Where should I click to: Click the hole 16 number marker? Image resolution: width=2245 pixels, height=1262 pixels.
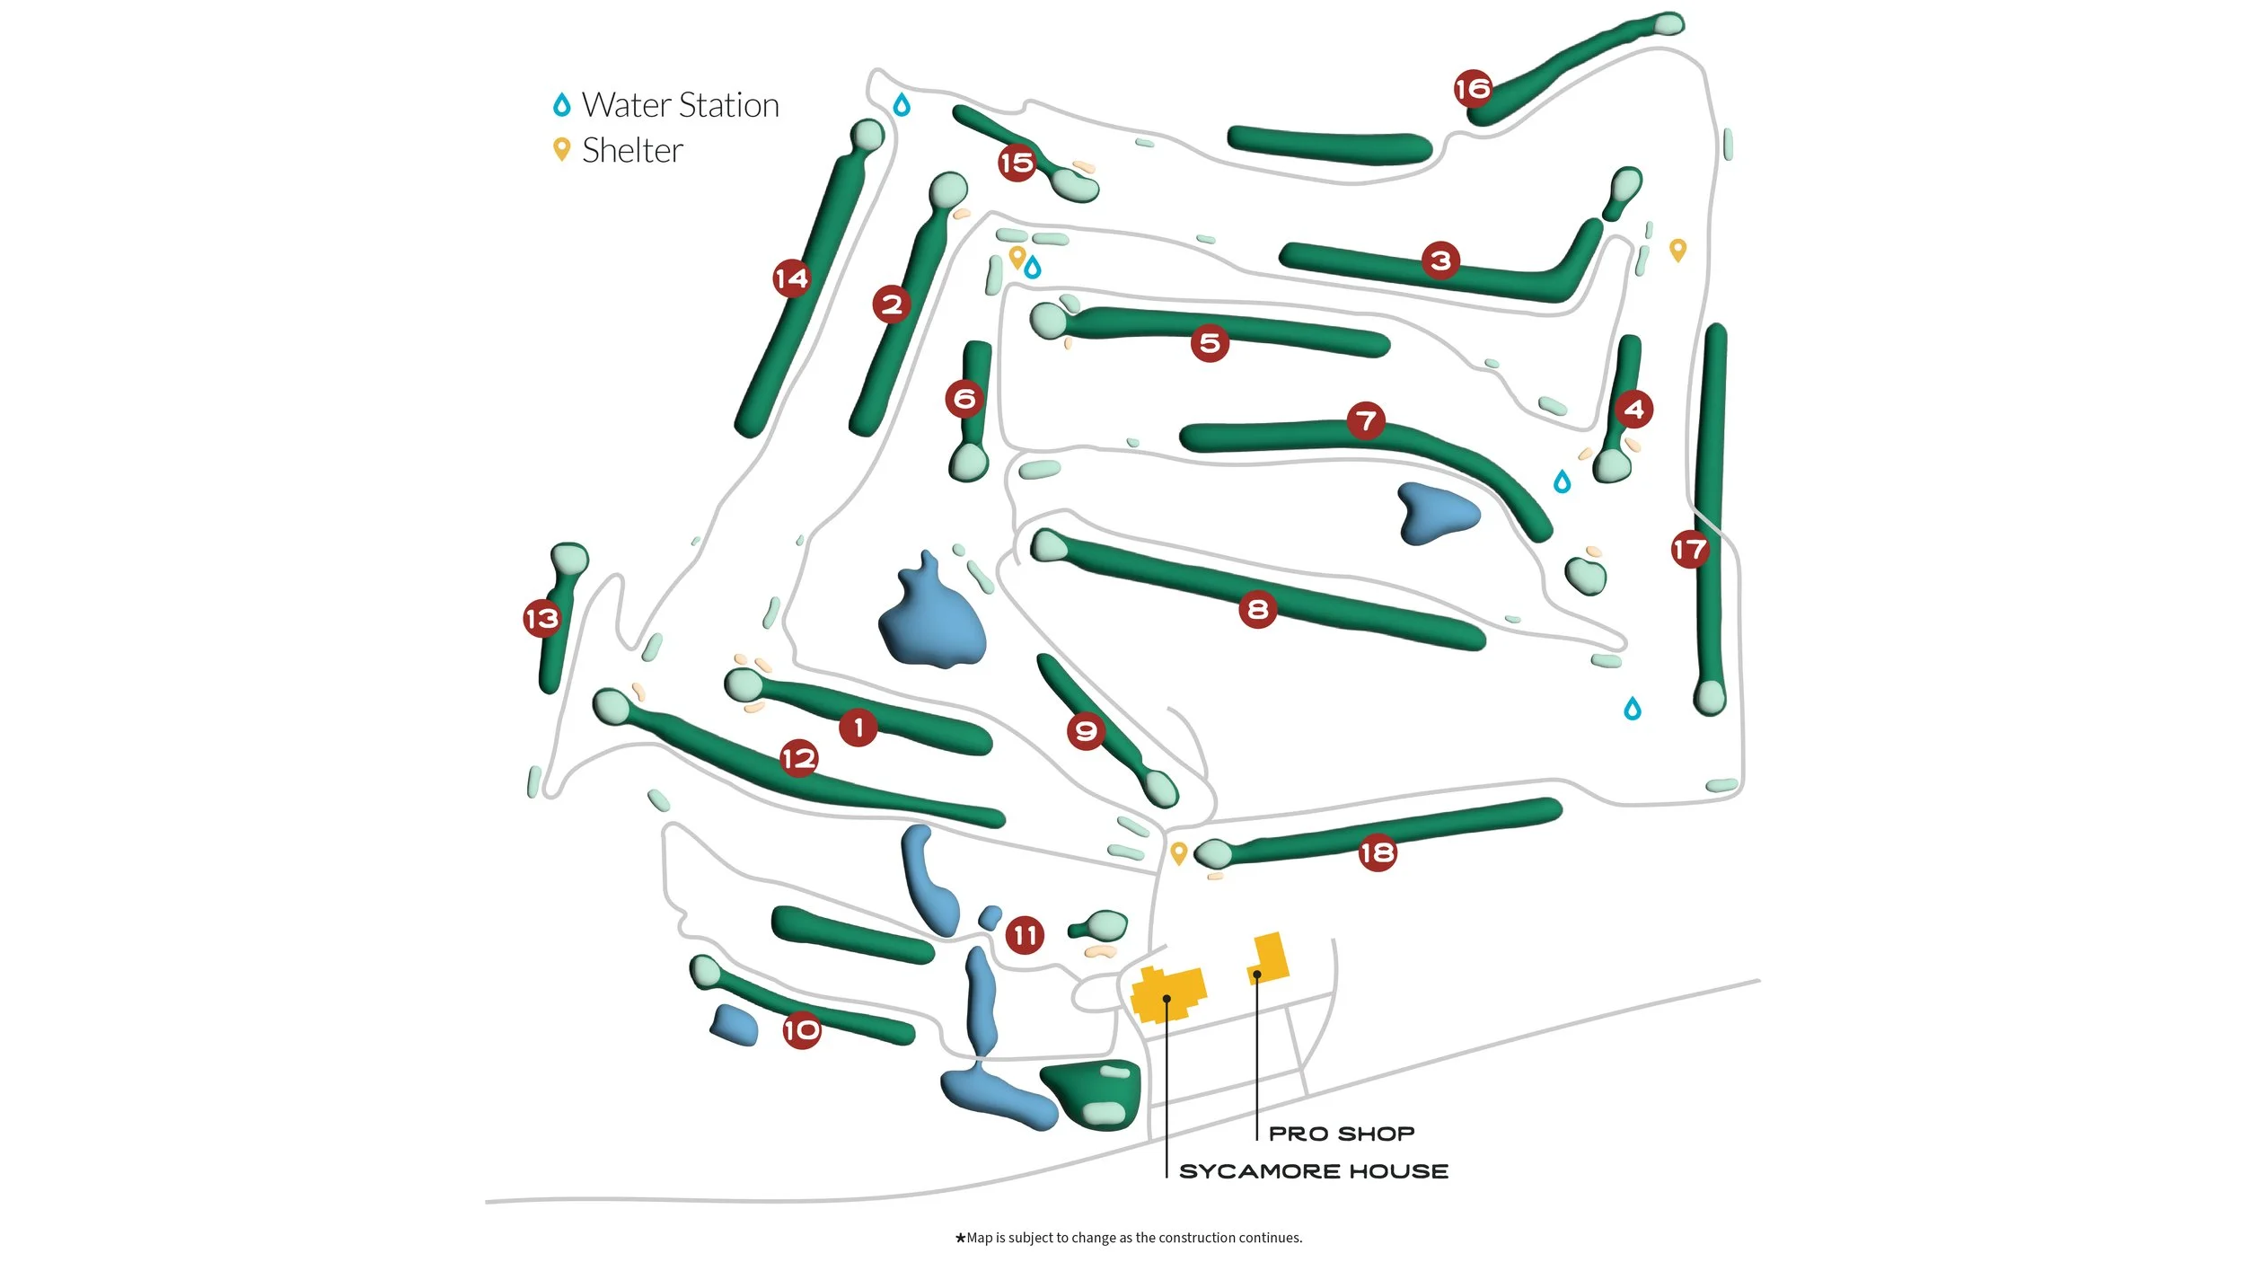coord(1473,88)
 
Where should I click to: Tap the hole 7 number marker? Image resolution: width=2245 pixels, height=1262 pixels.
coord(1366,419)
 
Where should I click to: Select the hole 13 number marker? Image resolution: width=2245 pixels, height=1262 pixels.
coord(541,618)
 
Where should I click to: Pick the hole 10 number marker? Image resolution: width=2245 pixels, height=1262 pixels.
coord(801,1029)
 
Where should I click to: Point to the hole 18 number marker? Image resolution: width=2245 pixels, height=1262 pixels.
coord(1377,852)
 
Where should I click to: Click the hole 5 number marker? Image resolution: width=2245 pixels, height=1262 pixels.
coord(1210,342)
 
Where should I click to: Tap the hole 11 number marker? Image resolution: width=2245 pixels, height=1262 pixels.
coord(1025,935)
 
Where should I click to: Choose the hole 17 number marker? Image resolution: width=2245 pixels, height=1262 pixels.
coord(1689,549)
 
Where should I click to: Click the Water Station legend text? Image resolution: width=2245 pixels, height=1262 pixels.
coord(680,105)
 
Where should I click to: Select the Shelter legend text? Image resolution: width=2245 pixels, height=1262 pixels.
coord(632,150)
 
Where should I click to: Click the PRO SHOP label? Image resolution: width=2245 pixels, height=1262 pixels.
coord(1342,1134)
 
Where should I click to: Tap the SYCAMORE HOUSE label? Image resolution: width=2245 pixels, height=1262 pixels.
coord(1314,1171)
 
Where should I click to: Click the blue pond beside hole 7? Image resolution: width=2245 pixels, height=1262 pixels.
coord(1434,514)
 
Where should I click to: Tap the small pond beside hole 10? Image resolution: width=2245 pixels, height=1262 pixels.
coord(735,1025)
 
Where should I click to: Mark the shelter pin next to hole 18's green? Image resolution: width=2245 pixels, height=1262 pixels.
coord(1179,852)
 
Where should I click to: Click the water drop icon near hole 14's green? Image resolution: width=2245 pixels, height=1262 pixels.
coord(902,105)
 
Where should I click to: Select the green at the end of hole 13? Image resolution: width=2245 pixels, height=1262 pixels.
coord(569,559)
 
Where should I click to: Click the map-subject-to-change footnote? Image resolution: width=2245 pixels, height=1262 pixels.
coord(1128,1238)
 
